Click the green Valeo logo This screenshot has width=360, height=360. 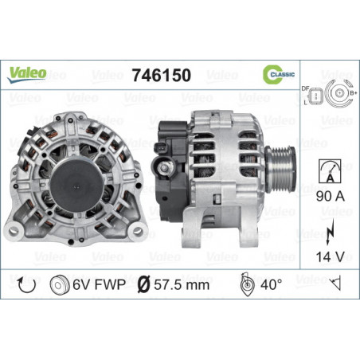pyautogui.click(x=29, y=73)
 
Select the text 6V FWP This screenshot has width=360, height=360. pyautogui.click(x=100, y=284)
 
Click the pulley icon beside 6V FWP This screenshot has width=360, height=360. pyautogui.click(x=59, y=284)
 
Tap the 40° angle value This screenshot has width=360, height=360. pyautogui.click(x=276, y=284)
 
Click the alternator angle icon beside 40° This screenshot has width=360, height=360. pyautogui.click(x=248, y=284)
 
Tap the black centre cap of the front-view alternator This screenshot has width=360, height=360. pyautogui.click(x=80, y=170)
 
